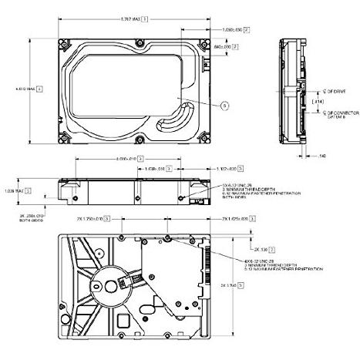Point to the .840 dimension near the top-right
(x=221, y=47)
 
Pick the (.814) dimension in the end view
(x=317, y=102)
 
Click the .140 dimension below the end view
(x=321, y=155)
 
